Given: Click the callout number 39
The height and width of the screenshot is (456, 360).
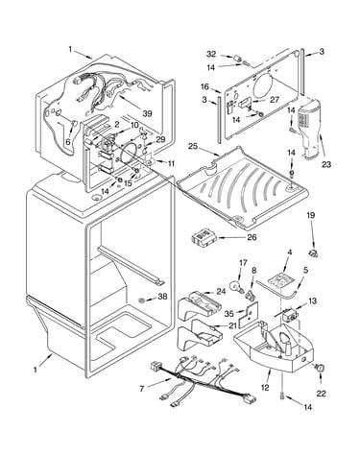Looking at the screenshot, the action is click(147, 113).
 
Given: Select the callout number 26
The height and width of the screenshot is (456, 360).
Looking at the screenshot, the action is click(252, 237).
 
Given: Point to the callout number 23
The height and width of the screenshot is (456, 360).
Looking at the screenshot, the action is click(326, 164).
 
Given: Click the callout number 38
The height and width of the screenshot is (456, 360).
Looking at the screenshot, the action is click(162, 297).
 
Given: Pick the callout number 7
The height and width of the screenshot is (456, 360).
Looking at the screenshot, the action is click(142, 389).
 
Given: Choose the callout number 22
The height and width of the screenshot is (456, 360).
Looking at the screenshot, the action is click(321, 394).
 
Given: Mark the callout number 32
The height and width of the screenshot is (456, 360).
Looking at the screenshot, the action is click(211, 54).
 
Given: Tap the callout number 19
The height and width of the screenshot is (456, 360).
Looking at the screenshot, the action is click(311, 215).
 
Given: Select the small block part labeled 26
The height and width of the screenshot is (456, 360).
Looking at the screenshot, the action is click(204, 238).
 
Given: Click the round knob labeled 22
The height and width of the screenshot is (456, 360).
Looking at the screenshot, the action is click(320, 368).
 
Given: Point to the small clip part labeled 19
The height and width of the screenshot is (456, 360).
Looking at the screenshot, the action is click(313, 253).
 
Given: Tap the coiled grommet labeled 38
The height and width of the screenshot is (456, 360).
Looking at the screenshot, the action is click(142, 300).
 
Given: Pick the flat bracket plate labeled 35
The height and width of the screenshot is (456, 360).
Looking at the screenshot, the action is click(249, 315).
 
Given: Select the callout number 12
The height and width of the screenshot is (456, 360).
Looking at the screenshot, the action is click(265, 388).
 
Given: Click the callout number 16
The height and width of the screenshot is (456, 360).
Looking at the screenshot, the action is click(204, 86).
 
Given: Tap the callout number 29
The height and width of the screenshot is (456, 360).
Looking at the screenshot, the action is click(160, 139).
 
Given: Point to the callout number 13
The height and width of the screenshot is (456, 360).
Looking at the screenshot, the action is click(312, 300).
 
